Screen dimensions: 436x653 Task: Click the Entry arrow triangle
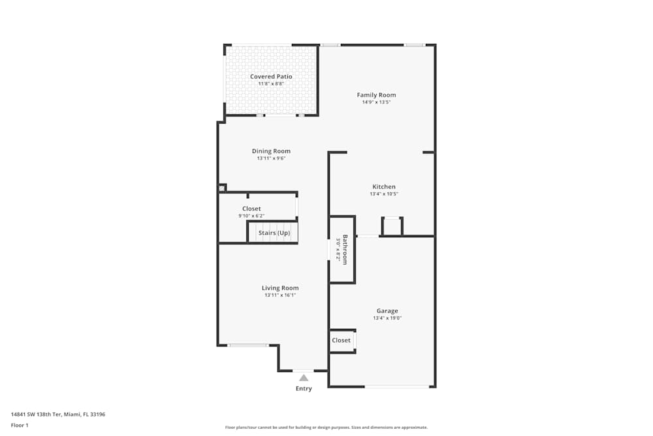(303, 378)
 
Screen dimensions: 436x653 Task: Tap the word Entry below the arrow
(304, 388)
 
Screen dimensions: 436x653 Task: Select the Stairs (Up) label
(274, 233)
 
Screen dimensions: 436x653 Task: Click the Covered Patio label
(271, 76)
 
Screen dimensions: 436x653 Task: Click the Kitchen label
(384, 186)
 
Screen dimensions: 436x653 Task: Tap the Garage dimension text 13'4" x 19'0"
(387, 318)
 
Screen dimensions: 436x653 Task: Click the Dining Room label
(271, 151)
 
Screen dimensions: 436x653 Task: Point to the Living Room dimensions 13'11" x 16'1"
(280, 295)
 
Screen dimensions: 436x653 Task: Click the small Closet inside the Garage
(341, 341)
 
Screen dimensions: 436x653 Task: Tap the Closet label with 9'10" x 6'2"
(251, 209)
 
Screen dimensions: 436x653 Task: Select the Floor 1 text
(20, 425)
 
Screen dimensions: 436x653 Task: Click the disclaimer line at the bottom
(326, 428)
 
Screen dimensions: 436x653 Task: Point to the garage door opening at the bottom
(397, 387)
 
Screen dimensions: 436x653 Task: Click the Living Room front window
(247, 345)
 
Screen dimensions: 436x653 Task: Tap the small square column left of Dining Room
(222, 188)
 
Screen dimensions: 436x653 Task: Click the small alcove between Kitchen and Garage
(392, 226)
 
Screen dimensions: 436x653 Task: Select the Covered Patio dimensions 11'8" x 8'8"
(271, 84)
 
